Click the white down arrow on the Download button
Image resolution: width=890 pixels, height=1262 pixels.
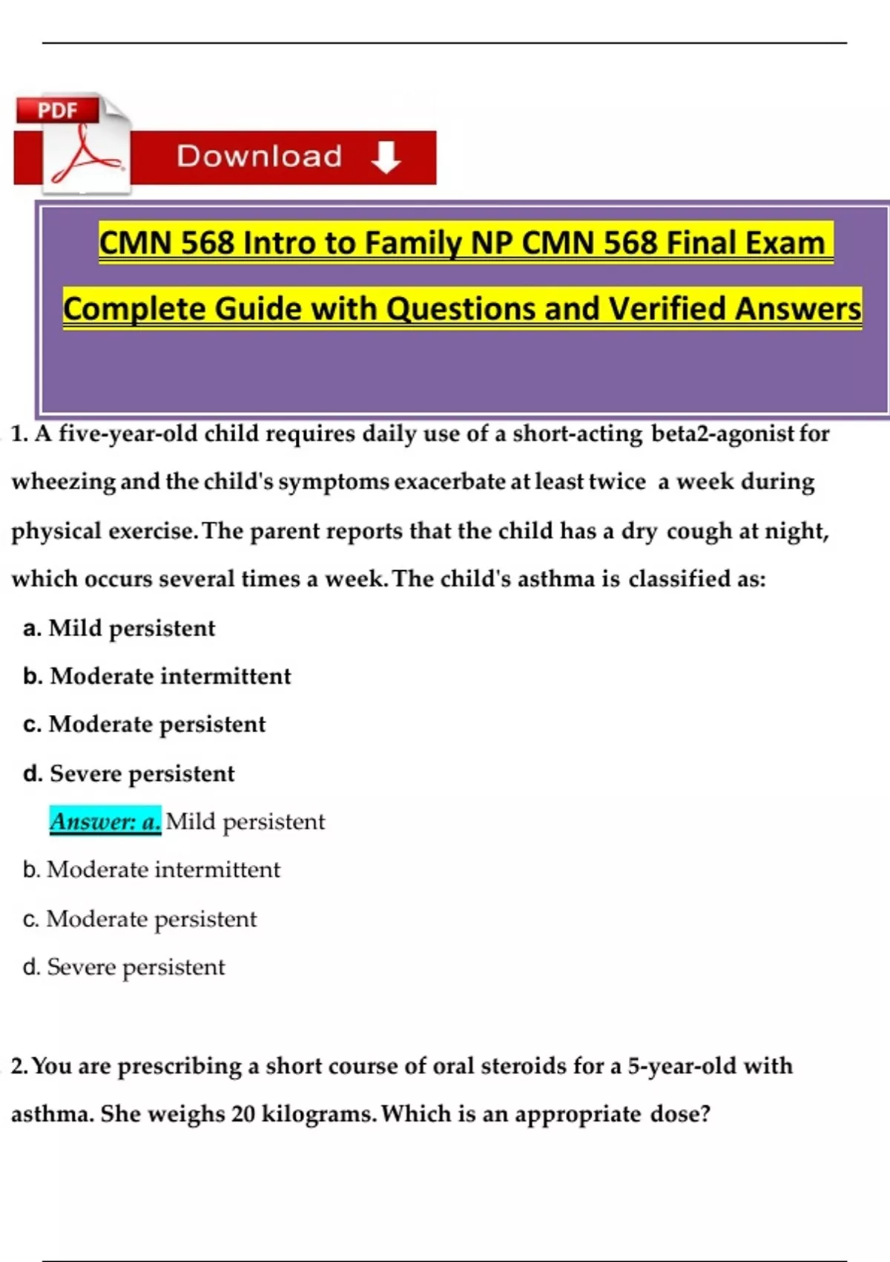pyautogui.click(x=386, y=157)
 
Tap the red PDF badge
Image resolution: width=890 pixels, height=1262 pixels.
pyautogui.click(x=58, y=111)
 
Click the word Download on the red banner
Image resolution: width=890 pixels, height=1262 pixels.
pyautogui.click(x=260, y=157)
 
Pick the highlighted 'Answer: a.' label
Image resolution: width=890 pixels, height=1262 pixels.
pyautogui.click(x=105, y=821)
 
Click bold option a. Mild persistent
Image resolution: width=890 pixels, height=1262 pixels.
pyautogui.click(x=119, y=628)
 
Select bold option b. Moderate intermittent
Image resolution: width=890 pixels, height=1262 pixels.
pyautogui.click(x=156, y=676)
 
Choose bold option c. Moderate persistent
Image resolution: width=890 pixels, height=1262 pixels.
pyautogui.click(x=144, y=725)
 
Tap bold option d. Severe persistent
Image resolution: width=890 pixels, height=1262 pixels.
pyautogui.click(x=128, y=774)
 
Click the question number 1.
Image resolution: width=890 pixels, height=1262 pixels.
pyautogui.click(x=19, y=434)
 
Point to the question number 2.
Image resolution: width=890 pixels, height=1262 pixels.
pyautogui.click(x=19, y=1066)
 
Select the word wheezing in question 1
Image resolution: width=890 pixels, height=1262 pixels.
pyautogui.click(x=63, y=482)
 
